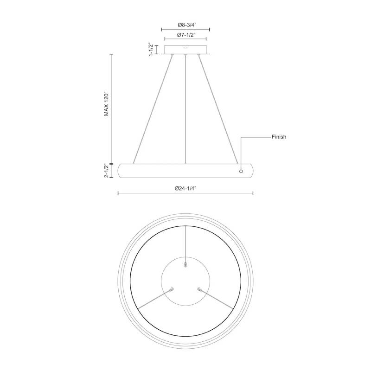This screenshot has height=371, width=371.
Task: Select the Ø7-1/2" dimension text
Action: pyautogui.click(x=186, y=35)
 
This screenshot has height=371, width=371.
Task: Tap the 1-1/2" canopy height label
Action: pyautogui.click(x=151, y=50)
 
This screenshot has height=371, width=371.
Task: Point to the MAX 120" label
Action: pyautogui.click(x=107, y=103)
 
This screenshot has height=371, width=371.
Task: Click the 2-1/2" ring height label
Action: pyautogui.click(x=107, y=170)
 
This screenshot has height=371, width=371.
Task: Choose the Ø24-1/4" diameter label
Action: pyautogui.click(x=186, y=188)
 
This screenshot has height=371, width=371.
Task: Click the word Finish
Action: pyautogui.click(x=279, y=137)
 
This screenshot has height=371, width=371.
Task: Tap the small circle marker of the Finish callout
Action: pyautogui.click(x=241, y=171)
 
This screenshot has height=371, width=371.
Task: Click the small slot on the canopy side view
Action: pyautogui.click(x=185, y=47)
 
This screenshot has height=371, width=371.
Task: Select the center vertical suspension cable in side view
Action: pyautogui.click(x=185, y=109)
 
